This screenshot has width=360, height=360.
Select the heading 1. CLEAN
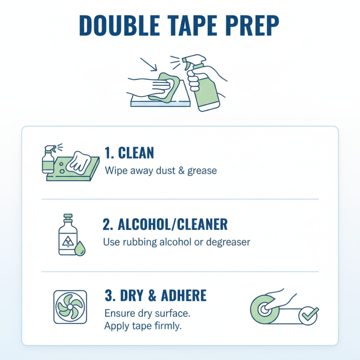click(x=129, y=153)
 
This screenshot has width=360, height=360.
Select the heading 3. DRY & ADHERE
click(x=155, y=296)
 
